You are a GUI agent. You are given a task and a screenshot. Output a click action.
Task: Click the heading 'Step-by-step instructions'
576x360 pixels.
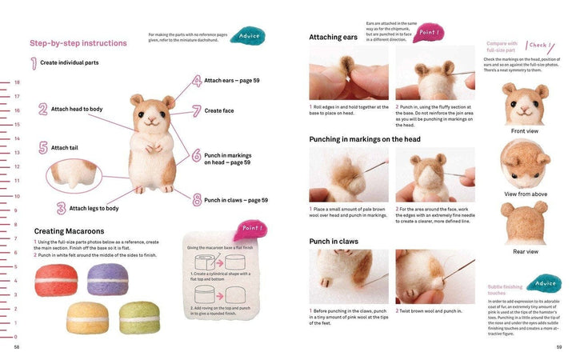(78, 43)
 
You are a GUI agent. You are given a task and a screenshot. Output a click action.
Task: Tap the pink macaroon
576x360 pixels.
(55, 280)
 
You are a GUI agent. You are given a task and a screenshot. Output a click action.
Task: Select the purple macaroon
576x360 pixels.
(107, 280)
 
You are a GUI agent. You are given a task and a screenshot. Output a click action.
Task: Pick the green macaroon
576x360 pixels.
(139, 317)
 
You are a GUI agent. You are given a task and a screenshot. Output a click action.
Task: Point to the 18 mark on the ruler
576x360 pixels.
(17, 82)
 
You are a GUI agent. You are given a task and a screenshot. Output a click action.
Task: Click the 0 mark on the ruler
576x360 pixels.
(17, 337)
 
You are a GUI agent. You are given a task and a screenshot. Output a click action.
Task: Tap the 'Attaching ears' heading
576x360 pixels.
(333, 37)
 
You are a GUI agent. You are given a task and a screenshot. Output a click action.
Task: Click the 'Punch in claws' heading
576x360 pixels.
(334, 241)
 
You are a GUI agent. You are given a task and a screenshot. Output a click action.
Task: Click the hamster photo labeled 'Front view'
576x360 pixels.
(524, 103)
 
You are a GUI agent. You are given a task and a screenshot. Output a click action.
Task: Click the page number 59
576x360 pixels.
(559, 347)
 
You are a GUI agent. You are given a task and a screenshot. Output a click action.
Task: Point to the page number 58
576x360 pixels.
(17, 347)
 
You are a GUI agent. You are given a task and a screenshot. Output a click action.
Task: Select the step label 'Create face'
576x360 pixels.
(219, 110)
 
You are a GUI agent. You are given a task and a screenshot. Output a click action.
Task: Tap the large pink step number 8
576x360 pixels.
(196, 200)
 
